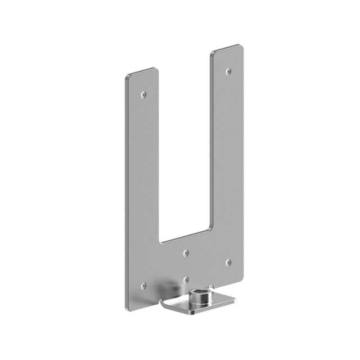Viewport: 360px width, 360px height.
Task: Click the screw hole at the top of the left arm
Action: (x=143, y=94)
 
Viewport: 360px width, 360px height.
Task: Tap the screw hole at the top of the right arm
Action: (x=228, y=71)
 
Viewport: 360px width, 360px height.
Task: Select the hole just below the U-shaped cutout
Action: (x=186, y=253)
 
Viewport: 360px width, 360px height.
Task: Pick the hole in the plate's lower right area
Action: (x=228, y=262)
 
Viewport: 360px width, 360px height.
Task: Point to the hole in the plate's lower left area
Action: (x=143, y=285)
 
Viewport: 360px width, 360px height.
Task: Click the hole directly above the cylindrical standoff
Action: (x=186, y=280)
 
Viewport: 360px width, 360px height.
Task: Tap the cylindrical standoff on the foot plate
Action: (x=199, y=296)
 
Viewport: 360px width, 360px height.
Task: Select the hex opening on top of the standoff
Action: (x=199, y=291)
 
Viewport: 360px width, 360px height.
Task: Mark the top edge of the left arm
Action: (x=141, y=71)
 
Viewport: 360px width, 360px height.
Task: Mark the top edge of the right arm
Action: (x=227, y=48)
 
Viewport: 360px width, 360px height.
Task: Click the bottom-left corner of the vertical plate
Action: (x=128, y=308)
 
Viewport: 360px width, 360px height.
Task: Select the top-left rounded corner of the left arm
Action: (x=127, y=76)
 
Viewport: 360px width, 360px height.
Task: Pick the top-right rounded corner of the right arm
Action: (x=241, y=47)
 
